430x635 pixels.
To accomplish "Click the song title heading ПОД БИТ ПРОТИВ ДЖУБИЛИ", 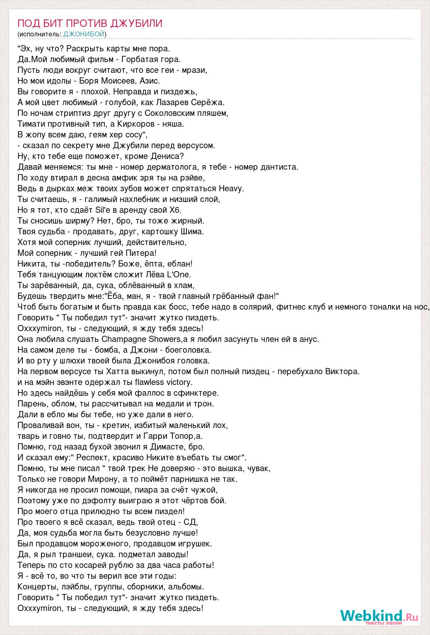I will [90, 23].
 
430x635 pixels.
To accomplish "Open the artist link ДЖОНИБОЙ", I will [84, 34].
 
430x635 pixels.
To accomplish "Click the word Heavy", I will [232, 188].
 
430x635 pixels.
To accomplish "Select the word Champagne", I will [127, 339].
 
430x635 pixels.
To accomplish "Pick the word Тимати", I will [32, 124].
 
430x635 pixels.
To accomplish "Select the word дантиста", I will [278, 167].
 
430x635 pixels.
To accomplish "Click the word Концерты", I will [36, 587].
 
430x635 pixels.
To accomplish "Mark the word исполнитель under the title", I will [40, 34].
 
